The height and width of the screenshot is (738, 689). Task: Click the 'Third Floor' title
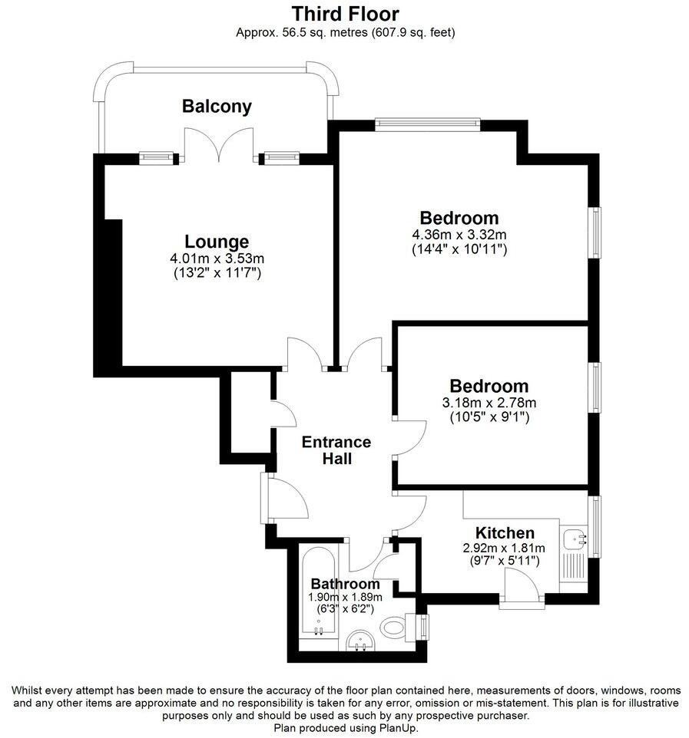point(345,14)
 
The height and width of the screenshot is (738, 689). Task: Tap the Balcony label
point(217,106)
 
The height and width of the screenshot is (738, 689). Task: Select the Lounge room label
point(217,242)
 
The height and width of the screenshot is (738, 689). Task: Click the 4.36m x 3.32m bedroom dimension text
point(459,234)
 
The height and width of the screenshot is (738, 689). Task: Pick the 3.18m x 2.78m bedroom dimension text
point(489,403)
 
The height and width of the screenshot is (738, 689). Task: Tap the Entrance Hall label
point(336,450)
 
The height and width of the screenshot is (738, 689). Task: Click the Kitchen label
point(505,532)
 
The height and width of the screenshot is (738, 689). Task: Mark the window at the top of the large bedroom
point(427,120)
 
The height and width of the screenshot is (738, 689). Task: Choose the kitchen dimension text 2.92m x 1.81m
point(503,548)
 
